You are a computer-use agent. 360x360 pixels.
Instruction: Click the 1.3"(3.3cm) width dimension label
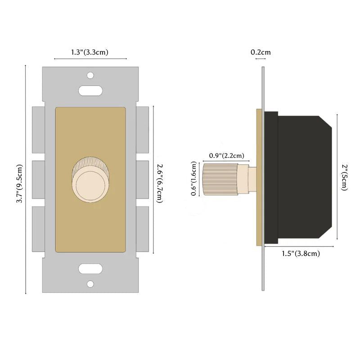[x=90, y=53]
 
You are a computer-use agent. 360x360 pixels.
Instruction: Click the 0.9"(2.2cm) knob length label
[x=227, y=156]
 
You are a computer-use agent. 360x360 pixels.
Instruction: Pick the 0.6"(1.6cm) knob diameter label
[x=194, y=179]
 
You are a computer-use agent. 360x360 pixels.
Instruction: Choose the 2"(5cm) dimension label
[x=343, y=177]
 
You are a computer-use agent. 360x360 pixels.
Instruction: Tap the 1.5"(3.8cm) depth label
[x=301, y=254]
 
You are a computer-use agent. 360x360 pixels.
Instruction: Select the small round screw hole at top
[x=90, y=75]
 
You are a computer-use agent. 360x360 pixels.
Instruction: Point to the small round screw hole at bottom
[x=90, y=284]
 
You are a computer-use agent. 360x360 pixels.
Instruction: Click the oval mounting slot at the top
[x=90, y=90]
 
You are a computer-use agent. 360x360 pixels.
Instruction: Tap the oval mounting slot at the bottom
[x=90, y=269]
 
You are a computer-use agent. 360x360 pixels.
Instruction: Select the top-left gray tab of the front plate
[x=38, y=129]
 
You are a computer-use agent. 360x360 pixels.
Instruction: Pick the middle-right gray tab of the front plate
[x=142, y=179]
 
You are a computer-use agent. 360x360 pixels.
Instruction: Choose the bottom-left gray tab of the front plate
[x=38, y=228]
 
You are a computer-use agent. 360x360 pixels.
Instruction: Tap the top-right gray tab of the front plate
[x=142, y=129]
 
